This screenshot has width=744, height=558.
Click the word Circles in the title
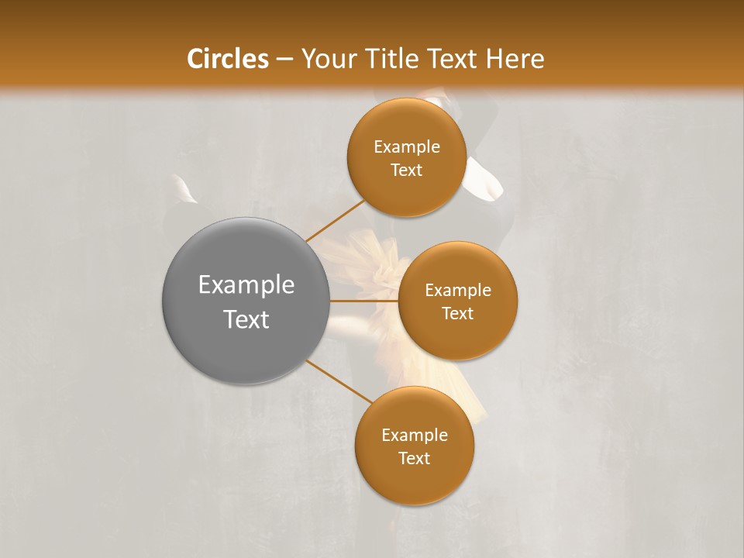(x=227, y=59)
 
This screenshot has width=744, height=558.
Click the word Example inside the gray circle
(x=246, y=285)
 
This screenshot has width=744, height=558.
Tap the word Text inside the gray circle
(x=246, y=319)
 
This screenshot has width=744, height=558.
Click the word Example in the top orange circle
(x=406, y=147)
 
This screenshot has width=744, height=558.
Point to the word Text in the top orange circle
(x=406, y=170)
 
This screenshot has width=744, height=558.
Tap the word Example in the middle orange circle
(x=457, y=291)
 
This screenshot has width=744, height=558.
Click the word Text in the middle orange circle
(x=457, y=314)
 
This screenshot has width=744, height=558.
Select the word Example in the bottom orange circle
(x=414, y=436)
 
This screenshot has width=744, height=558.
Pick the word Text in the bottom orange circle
(x=414, y=459)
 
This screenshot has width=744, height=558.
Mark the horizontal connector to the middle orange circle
(x=363, y=301)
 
